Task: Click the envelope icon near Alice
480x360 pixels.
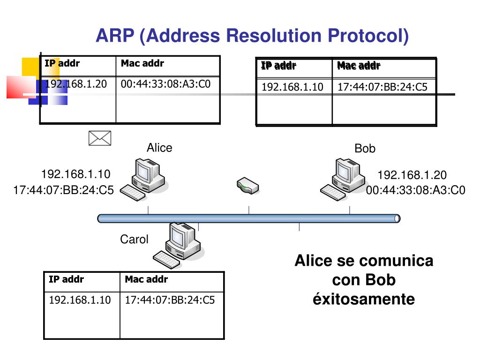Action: click(100, 138)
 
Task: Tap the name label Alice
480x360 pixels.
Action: click(159, 148)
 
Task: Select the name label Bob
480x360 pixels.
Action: click(365, 149)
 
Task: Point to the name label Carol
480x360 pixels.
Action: click(134, 240)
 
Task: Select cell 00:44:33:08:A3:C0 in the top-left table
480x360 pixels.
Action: click(165, 84)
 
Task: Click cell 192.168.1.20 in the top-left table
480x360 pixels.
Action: click(76, 84)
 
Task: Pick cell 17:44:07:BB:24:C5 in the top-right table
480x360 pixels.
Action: click(382, 87)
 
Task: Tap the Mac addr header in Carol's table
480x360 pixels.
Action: click(146, 280)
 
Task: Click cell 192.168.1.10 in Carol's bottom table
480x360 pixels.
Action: click(80, 300)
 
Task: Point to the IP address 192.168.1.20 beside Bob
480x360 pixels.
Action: click(412, 175)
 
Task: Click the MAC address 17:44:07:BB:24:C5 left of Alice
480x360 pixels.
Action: click(64, 191)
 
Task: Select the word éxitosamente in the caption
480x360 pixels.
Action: click(364, 299)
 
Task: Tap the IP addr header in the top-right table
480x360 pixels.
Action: click(278, 66)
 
